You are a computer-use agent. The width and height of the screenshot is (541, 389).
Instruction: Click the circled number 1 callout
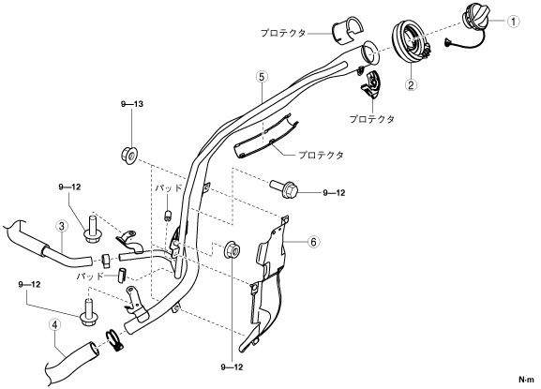click(513, 22)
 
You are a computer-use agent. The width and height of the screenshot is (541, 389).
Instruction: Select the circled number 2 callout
click(411, 84)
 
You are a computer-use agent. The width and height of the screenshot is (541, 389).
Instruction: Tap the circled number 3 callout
click(62, 227)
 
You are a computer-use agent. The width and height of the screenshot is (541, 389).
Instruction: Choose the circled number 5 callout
click(262, 77)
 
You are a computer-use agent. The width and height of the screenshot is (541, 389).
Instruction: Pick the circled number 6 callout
click(313, 242)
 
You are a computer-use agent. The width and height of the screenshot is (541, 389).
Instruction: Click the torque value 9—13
click(132, 104)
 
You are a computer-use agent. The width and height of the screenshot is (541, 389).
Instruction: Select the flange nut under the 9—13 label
click(129, 155)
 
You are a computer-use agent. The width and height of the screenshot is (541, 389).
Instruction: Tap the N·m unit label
click(526, 380)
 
